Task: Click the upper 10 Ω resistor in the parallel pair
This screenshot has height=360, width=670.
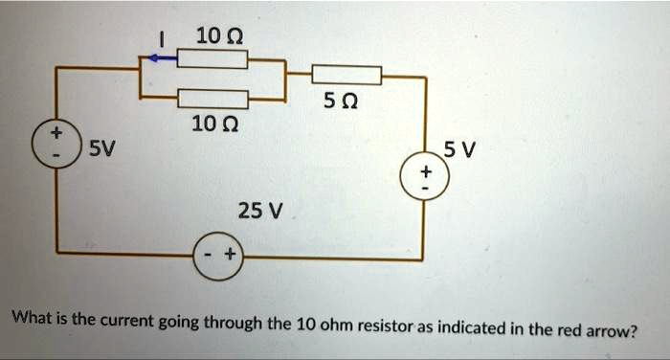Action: (212, 59)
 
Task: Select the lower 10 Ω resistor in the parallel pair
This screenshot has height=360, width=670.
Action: (212, 98)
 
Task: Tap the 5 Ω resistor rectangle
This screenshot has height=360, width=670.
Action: (346, 74)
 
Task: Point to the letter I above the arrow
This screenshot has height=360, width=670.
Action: (163, 38)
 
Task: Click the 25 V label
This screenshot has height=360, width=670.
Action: (255, 210)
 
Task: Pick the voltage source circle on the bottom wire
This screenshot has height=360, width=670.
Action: (218, 256)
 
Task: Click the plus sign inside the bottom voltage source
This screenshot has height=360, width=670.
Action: (230, 256)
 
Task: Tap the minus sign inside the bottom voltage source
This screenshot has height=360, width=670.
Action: (208, 256)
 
